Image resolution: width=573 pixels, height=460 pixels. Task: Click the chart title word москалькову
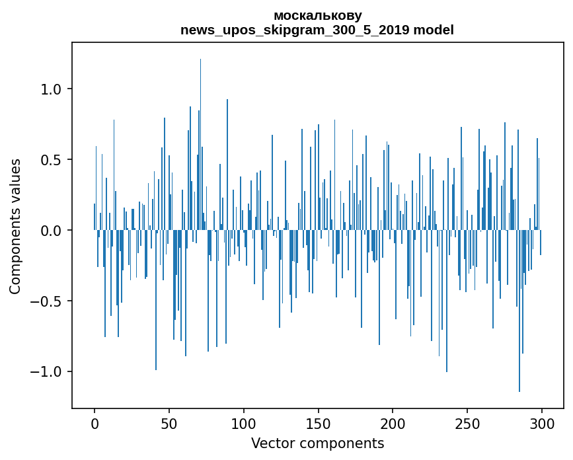pyautogui.click(x=317, y=15)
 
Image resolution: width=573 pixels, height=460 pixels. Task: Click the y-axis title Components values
pyautogui.click(x=15, y=226)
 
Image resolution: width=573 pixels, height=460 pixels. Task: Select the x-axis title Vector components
pyautogui.click(x=317, y=443)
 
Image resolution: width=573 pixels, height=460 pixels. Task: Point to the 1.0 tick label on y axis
pyautogui.click(x=52, y=89)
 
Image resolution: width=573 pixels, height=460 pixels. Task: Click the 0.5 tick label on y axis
pyautogui.click(x=52, y=160)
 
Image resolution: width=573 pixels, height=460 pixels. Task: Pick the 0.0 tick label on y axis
pyautogui.click(x=52, y=231)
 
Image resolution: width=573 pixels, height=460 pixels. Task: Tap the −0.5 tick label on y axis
pyautogui.click(x=46, y=301)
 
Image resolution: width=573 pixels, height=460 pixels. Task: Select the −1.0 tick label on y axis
pyautogui.click(x=46, y=372)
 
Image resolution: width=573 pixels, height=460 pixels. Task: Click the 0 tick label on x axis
pyautogui.click(x=95, y=423)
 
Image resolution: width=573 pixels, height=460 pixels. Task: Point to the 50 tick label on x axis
pyautogui.click(x=169, y=423)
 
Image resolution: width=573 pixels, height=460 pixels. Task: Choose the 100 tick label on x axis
pyautogui.click(x=244, y=423)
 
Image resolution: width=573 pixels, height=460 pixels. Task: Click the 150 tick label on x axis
pyautogui.click(x=319, y=423)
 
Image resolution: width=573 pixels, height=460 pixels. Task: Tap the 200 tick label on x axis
pyautogui.click(x=393, y=423)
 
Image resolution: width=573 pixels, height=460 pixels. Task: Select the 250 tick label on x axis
pyautogui.click(x=467, y=423)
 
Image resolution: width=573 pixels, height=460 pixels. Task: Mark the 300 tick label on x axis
pyautogui.click(x=542, y=423)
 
